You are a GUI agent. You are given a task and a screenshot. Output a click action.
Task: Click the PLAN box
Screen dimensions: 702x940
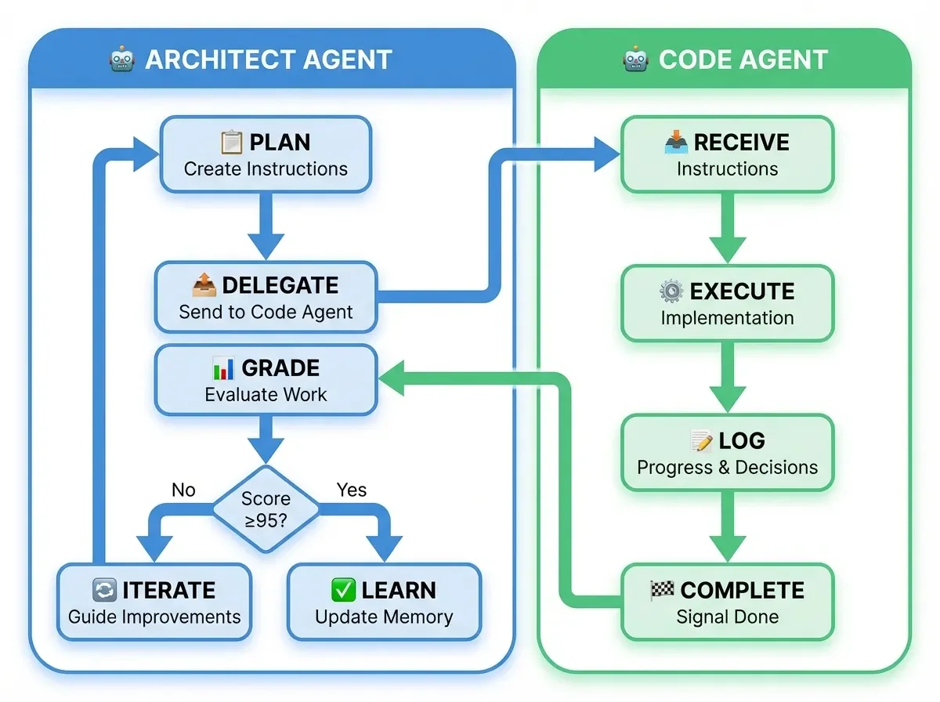[266, 154]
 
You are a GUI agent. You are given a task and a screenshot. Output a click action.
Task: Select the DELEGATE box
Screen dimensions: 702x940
[266, 298]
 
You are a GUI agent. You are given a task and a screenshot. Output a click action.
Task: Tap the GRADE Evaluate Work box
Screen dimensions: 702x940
[266, 380]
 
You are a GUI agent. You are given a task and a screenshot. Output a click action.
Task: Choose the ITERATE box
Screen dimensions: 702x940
[154, 602]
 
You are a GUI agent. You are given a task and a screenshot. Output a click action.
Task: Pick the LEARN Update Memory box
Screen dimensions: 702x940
[384, 602]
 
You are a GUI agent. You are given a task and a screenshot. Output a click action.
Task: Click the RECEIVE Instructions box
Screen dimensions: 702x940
[727, 154]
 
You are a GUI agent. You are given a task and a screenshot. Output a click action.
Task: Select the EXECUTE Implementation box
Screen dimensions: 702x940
[727, 303]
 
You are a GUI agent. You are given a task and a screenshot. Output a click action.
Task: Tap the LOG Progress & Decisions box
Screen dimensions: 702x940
[727, 453]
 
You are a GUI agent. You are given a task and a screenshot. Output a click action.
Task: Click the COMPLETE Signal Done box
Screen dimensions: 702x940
[727, 602]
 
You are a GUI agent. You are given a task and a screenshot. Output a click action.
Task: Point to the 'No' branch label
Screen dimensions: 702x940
[183, 490]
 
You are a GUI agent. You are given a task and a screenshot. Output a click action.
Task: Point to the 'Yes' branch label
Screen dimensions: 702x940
[351, 490]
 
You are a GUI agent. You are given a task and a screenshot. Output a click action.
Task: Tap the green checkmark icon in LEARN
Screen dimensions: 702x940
[343, 589]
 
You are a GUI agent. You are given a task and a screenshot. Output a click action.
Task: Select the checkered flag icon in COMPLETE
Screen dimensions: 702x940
[662, 590]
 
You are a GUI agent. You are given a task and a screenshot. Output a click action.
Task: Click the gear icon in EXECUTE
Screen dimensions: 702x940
[671, 291]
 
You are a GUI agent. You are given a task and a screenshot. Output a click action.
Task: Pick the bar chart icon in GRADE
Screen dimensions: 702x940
[223, 367]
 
